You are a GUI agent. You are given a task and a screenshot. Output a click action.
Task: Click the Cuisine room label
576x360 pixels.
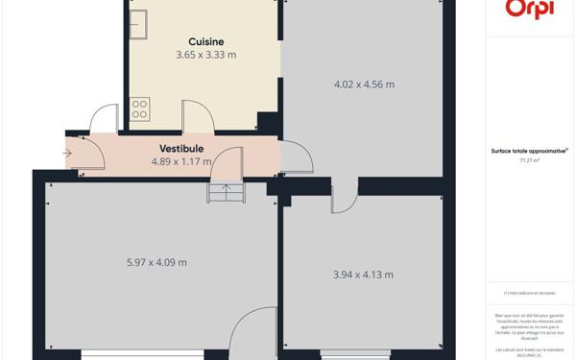pyautogui.click(x=206, y=41)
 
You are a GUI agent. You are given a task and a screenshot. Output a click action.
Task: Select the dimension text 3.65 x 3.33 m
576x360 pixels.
pyautogui.click(x=206, y=55)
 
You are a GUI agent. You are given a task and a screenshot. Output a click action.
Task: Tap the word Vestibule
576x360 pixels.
pyautogui.click(x=181, y=149)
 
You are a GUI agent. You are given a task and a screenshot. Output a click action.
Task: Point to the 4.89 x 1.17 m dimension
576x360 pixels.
pyautogui.click(x=181, y=162)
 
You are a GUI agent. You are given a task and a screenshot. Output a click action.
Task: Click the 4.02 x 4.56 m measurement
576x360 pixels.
pyautogui.click(x=364, y=84)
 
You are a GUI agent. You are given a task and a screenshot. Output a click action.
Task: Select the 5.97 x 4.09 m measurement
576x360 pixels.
pyautogui.click(x=156, y=262)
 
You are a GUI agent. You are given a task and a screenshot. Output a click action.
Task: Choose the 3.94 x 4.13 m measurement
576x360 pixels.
pyautogui.click(x=363, y=275)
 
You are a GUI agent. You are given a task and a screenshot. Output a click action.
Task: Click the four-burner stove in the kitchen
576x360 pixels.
pyautogui.click(x=140, y=108)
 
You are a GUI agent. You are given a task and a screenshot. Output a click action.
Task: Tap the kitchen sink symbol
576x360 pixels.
pyautogui.click(x=140, y=24)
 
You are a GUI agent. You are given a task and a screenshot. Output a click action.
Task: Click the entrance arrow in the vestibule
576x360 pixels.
pyautogui.click(x=68, y=153)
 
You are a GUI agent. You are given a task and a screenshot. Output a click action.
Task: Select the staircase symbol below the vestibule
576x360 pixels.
pyautogui.click(x=227, y=193)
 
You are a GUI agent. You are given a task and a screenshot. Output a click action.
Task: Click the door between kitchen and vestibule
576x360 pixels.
pyautogui.click(x=198, y=115)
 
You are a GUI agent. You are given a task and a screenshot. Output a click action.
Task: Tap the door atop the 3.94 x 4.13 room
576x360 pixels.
pyautogui.click(x=344, y=198)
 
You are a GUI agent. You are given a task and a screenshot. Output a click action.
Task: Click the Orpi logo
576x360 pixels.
pyautogui.click(x=528, y=9)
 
